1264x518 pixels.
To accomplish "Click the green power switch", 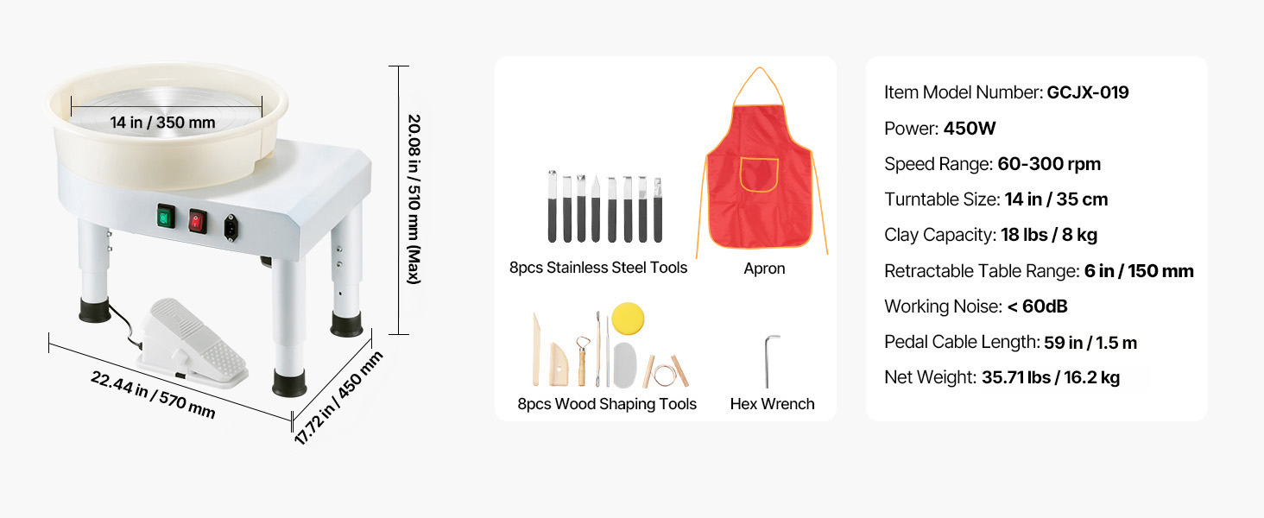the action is tap(165, 217).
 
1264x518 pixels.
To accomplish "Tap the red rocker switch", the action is tap(197, 222).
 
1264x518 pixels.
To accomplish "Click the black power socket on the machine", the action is tap(231, 227).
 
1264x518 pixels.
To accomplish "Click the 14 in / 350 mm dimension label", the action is tap(162, 123).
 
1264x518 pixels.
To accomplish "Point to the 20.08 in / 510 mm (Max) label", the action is tap(414, 199).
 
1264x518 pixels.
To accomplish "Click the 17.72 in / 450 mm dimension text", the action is tap(338, 397).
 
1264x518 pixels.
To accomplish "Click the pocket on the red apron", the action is tap(759, 175).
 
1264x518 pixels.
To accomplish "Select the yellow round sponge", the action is tap(628, 319).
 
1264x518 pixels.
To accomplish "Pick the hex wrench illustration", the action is tap(769, 361).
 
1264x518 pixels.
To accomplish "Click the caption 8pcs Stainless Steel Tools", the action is tap(598, 268).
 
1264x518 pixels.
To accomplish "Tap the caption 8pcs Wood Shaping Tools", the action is tap(607, 404).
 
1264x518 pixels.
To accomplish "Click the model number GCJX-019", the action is tap(1088, 92).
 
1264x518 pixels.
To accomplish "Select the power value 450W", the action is tap(970, 128).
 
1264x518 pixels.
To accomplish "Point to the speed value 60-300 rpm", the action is tap(1049, 164).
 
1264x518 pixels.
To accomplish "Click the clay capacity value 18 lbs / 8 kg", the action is tap(1049, 235).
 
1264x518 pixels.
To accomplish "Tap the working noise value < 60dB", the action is tap(1037, 306).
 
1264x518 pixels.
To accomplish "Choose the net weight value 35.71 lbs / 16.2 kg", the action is tap(1051, 377).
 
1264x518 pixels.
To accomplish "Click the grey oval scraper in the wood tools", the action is tap(625, 365).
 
